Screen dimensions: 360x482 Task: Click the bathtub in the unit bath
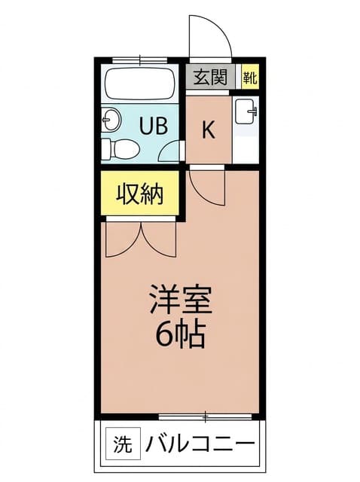(140, 84)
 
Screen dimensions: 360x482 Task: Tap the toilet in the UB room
(121, 149)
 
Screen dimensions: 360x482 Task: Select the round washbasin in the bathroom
(111, 119)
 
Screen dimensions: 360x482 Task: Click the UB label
(154, 126)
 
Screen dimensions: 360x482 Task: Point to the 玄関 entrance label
(211, 77)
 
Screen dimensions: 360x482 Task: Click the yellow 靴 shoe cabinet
(249, 77)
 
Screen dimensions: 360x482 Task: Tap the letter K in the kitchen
(208, 130)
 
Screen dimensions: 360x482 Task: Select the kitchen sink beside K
(246, 111)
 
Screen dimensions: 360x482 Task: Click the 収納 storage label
(139, 194)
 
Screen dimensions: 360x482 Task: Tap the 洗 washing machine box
(123, 444)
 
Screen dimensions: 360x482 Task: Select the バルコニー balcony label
(200, 444)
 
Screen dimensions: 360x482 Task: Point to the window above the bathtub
(140, 60)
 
